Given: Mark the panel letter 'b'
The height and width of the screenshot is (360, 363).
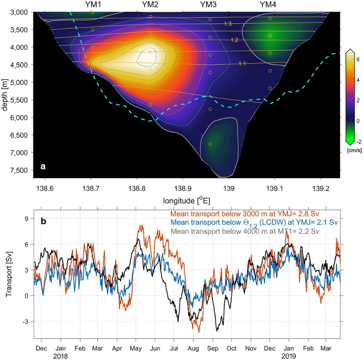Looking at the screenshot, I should click(x=43, y=221).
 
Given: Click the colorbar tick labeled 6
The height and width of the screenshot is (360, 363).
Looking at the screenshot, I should click(x=357, y=60).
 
